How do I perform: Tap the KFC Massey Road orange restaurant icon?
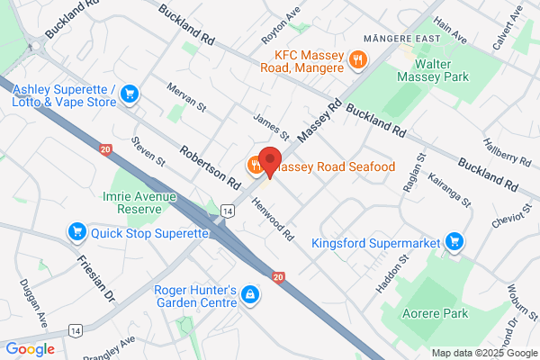358,61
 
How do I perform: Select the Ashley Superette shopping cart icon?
130,92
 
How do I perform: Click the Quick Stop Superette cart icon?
77,232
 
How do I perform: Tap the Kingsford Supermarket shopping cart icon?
455,242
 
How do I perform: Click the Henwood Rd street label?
273,220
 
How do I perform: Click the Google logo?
30,349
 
